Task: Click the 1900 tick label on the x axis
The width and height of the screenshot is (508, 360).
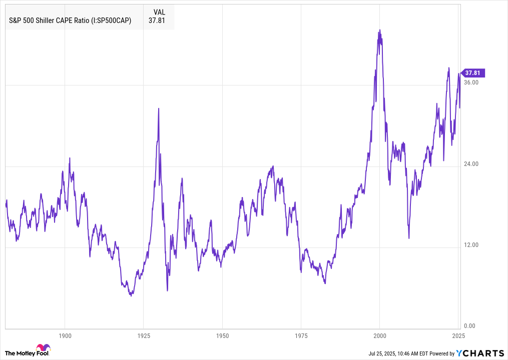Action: pos(65,335)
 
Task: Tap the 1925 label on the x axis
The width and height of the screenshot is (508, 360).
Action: pos(144,335)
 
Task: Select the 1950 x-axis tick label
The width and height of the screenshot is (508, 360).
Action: pos(223,335)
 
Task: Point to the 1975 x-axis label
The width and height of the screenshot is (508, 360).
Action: pos(301,335)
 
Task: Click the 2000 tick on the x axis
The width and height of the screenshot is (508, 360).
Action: pos(380,335)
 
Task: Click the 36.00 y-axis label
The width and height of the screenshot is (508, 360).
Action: pos(472,82)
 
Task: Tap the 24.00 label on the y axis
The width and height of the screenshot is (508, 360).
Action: pos(472,164)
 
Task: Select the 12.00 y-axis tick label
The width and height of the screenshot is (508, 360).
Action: pos(472,245)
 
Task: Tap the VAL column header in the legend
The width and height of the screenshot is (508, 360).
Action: pos(159,11)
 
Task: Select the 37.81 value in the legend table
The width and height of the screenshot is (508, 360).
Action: pos(157,20)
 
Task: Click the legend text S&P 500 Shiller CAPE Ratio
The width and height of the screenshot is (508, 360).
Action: pos(71,20)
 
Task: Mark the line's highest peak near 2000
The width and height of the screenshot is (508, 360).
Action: pos(380,30)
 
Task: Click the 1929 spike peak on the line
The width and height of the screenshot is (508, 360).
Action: pos(159,108)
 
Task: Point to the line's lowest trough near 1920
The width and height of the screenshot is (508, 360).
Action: pos(131,296)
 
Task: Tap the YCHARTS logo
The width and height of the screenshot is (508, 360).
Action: pos(480,353)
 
